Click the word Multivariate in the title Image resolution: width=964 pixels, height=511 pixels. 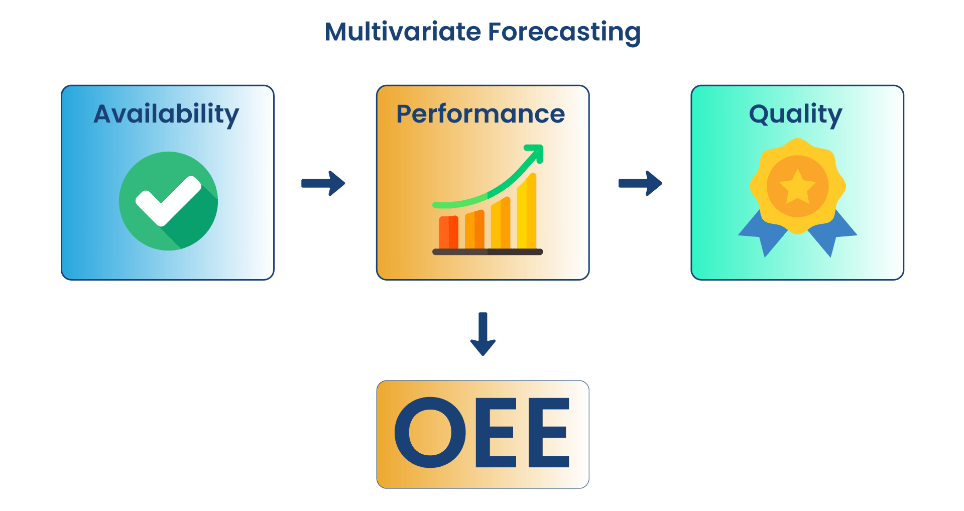pos(403,32)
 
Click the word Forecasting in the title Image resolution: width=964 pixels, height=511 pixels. pos(564,33)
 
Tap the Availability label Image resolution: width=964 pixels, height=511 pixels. pos(166,115)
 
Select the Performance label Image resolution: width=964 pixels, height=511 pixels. pos(480,114)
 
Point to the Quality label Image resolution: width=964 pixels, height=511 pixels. pos(795,115)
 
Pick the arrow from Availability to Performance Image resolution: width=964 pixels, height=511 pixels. pos(323,183)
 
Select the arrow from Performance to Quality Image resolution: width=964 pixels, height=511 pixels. pos(640,183)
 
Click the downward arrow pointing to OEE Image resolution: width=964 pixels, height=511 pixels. pos(483,334)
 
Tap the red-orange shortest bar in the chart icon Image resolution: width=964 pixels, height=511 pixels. pos(448,232)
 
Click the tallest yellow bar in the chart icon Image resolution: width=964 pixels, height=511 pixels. pos(527,211)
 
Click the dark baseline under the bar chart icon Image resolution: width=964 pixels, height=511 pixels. pos(488,252)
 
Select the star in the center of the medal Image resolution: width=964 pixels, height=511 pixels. pos(797,186)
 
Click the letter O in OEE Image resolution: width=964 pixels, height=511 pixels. pos(430,433)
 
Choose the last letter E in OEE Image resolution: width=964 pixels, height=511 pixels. pos(549,433)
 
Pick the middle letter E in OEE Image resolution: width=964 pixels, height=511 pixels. pos(496,433)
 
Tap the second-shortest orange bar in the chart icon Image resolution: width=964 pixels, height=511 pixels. pos(474,229)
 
